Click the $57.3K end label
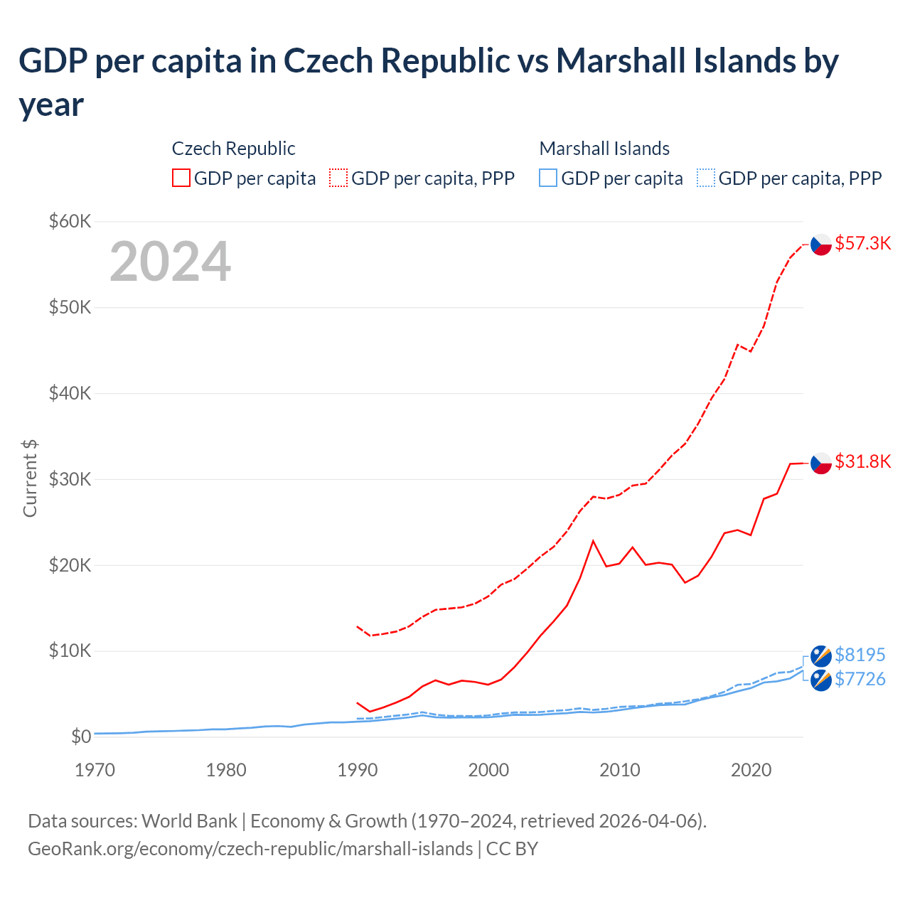click(x=862, y=243)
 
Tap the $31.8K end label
click(x=862, y=461)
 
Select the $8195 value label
click(x=860, y=654)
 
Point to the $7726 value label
click(x=860, y=679)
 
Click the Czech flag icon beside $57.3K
click(x=821, y=244)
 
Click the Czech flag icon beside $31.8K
click(x=821, y=462)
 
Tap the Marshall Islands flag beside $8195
click(x=821, y=655)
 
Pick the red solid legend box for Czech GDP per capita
click(x=181, y=178)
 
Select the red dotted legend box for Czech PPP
click(x=338, y=178)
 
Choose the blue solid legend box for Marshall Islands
click(x=548, y=178)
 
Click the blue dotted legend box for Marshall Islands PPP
click(x=705, y=178)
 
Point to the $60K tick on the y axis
click(x=70, y=221)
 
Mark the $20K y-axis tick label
click(x=70, y=565)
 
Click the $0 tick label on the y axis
click(x=80, y=737)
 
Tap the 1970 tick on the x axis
click(x=95, y=770)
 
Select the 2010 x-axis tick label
click(x=619, y=770)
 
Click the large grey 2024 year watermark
click(x=170, y=262)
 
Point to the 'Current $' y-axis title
click(x=30, y=478)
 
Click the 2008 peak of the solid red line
click(x=593, y=541)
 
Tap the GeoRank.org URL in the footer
click(x=250, y=849)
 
